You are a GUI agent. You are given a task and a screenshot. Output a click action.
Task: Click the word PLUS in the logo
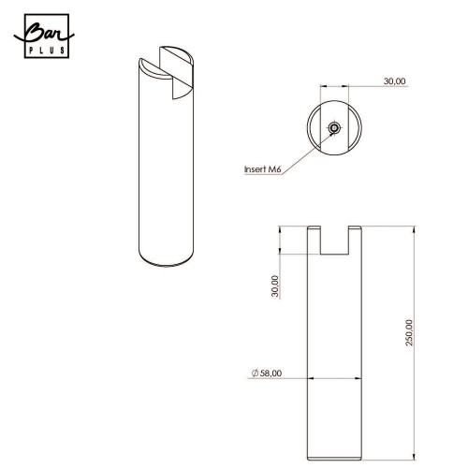(47, 51)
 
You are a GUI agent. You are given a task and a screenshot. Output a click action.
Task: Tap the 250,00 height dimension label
(409, 332)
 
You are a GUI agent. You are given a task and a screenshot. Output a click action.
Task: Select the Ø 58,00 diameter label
(267, 373)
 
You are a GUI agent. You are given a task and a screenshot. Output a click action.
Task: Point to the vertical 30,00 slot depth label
(275, 285)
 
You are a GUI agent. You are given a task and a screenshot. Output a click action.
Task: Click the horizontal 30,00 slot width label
(394, 81)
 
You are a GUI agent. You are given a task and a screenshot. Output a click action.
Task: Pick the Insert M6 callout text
(263, 169)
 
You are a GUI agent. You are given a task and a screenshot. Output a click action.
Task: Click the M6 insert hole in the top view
(334, 127)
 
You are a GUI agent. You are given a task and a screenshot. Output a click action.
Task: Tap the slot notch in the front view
(334, 241)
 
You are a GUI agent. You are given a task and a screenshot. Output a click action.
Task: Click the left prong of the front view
(314, 241)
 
